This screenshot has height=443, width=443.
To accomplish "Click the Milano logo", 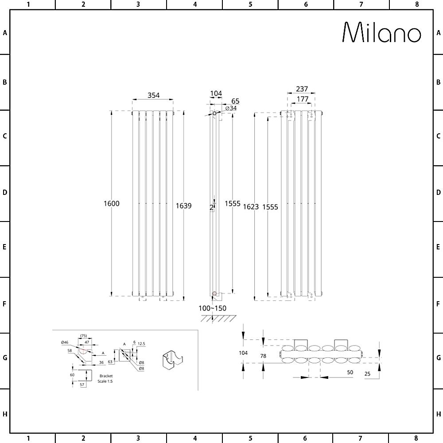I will point(381,32).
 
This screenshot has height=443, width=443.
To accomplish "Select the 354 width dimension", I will point(153,95).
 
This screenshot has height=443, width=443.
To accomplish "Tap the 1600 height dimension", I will point(111,204).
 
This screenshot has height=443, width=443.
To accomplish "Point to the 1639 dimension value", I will point(183,206).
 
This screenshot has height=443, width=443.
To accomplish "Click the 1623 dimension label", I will point(251,207).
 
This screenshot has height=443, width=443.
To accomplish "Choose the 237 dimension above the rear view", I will point(301,89).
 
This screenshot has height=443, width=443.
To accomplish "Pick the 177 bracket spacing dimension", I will point(303,99).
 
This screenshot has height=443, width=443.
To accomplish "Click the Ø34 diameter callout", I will point(231,109).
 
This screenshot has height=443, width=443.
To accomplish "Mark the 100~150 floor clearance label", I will point(212,308).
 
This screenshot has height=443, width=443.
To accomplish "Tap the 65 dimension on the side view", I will point(235,101).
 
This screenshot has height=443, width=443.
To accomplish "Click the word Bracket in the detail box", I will point(106,376).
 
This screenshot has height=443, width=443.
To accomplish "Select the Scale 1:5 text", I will point(106,381).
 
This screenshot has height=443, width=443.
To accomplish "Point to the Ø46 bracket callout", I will point(65,342).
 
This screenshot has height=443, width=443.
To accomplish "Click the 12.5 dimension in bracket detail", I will point(141,343).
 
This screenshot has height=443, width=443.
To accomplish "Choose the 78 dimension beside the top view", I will point(263,356).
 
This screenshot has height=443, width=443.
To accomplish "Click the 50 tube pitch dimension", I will point(350,373).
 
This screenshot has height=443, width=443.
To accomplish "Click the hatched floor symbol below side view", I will point(217,319).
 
